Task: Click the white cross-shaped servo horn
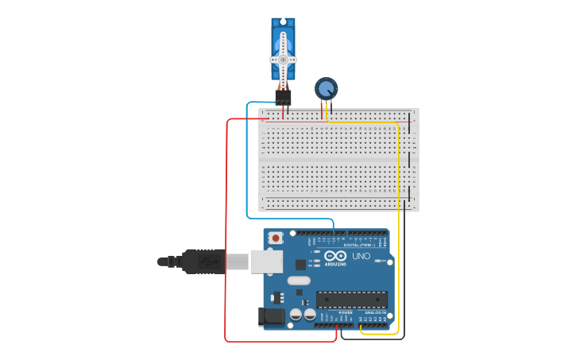pos(283,59)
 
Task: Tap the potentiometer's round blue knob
pos(326,87)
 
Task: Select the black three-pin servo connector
pos(283,97)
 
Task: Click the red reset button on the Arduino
pos(276,238)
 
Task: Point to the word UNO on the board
pos(361,257)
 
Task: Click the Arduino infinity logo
pos(335,256)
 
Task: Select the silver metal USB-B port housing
pos(265,261)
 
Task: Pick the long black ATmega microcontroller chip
pos(352,300)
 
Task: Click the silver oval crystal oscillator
pos(299,281)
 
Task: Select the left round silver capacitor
pos(296,314)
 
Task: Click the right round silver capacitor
pos(310,314)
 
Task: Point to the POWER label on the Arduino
pos(346,312)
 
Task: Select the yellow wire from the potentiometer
pos(398,238)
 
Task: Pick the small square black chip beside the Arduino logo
pos(300,264)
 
